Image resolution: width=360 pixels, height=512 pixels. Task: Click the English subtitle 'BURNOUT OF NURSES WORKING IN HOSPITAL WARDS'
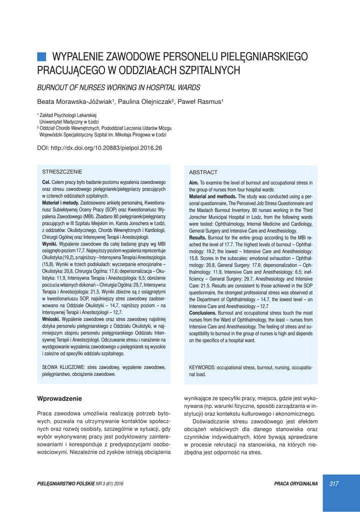(119, 87)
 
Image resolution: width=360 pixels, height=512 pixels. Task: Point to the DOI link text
(100, 148)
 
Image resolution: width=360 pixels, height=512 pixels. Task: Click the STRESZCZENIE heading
(62, 171)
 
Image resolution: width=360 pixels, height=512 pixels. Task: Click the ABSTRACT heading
(203, 172)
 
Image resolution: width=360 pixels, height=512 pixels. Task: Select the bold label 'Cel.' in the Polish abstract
(46, 182)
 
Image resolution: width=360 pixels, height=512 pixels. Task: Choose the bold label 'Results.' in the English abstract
(199, 238)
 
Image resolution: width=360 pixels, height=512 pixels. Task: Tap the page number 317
(334, 483)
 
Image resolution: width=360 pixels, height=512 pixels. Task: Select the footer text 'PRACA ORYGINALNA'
(296, 483)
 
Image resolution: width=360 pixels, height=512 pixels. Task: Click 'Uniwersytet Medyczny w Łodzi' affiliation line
(69, 121)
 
